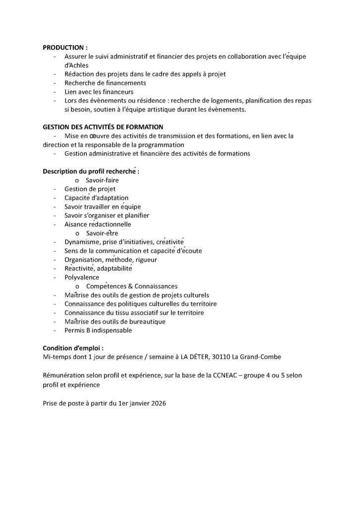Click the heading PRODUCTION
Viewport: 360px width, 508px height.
tap(65, 48)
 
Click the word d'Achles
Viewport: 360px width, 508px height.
tap(76, 65)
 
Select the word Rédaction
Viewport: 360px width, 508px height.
tap(79, 74)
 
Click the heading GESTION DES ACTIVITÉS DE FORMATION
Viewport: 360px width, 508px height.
tap(103, 127)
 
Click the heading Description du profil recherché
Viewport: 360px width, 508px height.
tap(91, 171)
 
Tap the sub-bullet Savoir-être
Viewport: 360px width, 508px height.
tap(102, 233)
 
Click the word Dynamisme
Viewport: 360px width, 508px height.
tap(81, 242)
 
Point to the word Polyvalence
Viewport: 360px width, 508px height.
tap(82, 277)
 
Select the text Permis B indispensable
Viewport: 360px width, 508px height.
tap(98, 330)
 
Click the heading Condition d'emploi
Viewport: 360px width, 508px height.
tap(73, 348)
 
